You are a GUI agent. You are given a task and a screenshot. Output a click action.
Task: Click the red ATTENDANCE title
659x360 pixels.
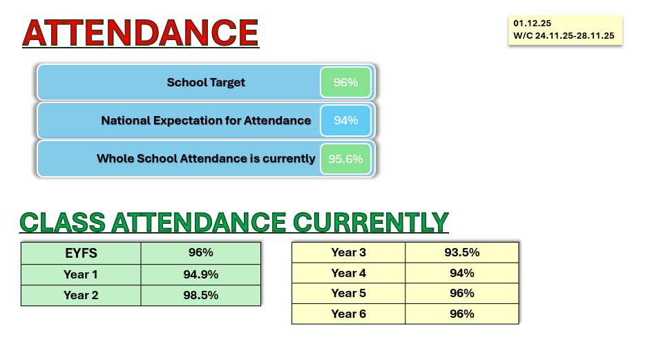141,32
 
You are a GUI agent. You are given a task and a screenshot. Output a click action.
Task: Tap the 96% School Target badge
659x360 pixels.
345,82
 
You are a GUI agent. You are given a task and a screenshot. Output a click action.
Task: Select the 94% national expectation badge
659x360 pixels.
345,121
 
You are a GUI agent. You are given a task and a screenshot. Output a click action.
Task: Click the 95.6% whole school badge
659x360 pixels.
345,159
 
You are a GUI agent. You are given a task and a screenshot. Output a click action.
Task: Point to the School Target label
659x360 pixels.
206,82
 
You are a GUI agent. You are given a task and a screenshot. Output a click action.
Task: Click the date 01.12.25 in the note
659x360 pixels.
532,23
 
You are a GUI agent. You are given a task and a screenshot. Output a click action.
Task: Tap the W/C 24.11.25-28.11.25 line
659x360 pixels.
564,36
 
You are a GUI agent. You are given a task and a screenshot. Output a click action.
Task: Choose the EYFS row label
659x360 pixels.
81,253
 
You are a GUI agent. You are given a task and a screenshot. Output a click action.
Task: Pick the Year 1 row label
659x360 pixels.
81,274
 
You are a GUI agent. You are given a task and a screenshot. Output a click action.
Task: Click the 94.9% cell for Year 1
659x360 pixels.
201,274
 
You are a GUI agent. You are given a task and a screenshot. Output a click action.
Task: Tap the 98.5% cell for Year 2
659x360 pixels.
201,295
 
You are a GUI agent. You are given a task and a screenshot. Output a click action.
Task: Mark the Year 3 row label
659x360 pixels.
348,252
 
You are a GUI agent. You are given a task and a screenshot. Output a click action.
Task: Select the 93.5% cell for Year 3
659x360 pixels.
462,252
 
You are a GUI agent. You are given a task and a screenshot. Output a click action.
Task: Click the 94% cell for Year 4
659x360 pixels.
462,274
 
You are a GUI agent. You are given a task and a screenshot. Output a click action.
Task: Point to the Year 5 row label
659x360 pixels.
348,293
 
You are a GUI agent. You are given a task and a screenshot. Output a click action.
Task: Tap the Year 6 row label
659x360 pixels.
348,314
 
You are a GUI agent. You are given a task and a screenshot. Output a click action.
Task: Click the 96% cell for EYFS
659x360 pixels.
201,252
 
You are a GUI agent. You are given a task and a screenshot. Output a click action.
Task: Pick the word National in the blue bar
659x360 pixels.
126,121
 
